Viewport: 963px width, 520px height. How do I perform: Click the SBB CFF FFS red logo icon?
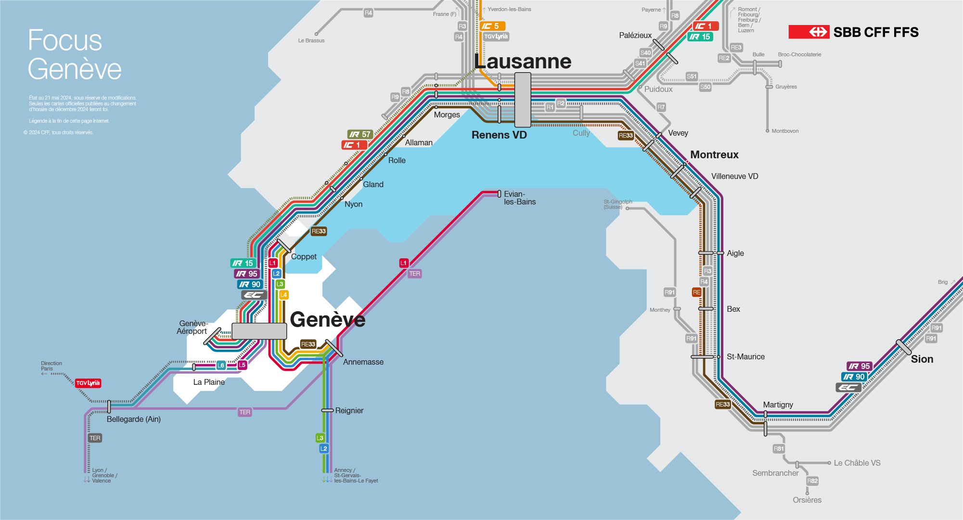(x=809, y=32)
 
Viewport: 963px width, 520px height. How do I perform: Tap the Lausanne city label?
(x=523, y=62)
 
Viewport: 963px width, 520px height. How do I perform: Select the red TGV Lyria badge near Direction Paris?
(x=88, y=383)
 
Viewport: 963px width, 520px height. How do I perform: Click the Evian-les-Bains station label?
(x=519, y=198)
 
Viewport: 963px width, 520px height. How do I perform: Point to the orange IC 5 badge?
(x=492, y=26)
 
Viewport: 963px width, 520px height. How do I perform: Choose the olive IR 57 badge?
(x=360, y=134)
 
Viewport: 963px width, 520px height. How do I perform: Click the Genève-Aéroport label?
(x=193, y=327)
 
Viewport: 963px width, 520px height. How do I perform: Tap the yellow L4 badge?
(x=284, y=294)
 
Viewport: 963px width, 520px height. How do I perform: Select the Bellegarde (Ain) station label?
(x=134, y=419)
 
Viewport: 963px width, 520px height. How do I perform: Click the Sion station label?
(x=922, y=359)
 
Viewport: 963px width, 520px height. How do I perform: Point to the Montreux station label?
(x=714, y=154)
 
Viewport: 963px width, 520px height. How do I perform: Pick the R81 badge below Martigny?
(x=778, y=448)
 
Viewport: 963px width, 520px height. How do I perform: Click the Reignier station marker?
(x=327, y=410)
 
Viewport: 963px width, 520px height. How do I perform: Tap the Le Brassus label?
(x=311, y=40)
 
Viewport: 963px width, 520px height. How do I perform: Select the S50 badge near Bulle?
(x=705, y=87)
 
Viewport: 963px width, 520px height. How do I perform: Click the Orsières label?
(x=807, y=500)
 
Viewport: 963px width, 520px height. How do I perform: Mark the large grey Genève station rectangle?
(x=259, y=331)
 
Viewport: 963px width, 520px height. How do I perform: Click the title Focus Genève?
(x=74, y=54)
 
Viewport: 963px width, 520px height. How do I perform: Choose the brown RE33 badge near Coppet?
(x=319, y=231)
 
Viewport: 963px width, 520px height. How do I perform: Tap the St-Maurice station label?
(x=745, y=356)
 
